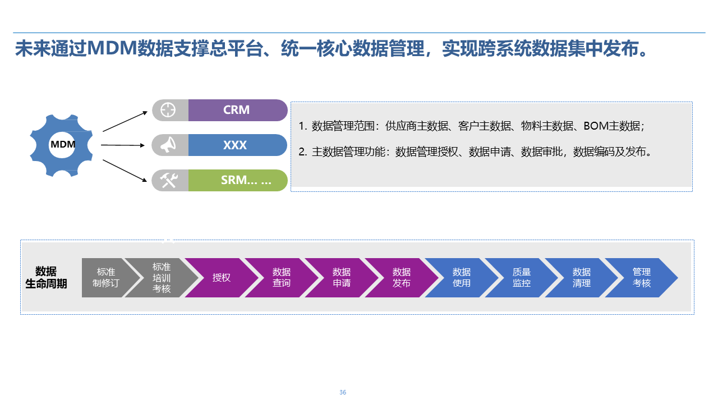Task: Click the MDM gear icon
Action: coord(62,145)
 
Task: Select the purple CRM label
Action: coord(237,110)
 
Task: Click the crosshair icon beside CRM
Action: coord(168,110)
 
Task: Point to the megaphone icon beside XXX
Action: coord(168,145)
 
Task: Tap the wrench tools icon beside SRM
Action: coord(168,180)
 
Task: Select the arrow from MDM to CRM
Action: coord(125,121)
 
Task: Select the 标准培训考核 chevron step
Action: coord(162,278)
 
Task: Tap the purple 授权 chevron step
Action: coord(222,278)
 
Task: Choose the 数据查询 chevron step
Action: coord(282,278)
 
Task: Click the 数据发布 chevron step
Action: coord(402,278)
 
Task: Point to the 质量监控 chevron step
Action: coord(522,278)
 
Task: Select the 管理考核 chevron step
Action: coord(642,278)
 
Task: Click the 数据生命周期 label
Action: coord(46,278)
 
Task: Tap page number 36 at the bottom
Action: coord(343,392)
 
